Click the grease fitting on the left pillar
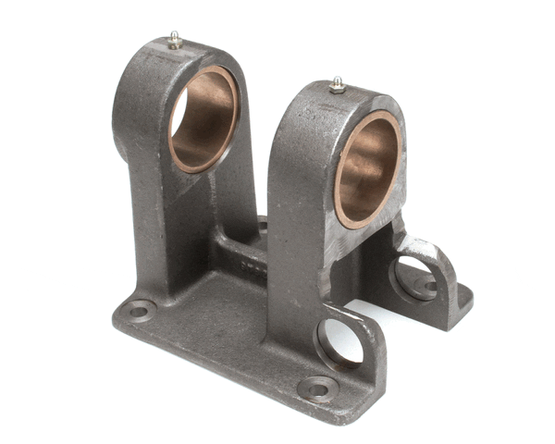[174, 40]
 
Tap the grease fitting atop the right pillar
[339, 85]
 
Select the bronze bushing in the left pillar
[203, 119]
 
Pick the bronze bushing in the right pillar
[367, 169]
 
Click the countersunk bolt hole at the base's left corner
[139, 311]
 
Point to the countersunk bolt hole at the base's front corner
[317, 388]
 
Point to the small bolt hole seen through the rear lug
[429, 286]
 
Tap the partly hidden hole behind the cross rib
[262, 225]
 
